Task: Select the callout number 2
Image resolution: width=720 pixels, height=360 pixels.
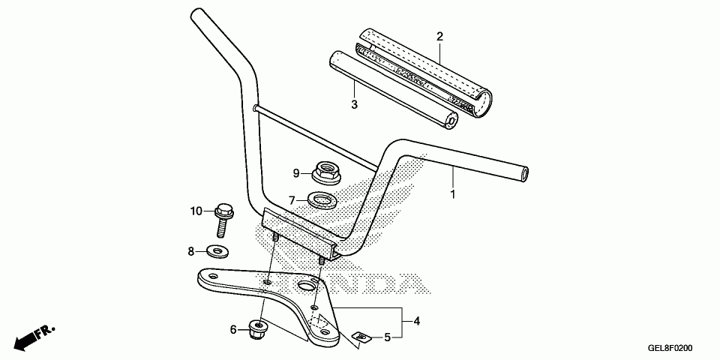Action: click(439, 37)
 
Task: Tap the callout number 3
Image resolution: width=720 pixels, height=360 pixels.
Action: click(354, 104)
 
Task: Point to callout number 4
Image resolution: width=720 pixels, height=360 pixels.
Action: click(416, 321)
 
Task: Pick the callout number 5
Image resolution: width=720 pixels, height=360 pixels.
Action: click(388, 337)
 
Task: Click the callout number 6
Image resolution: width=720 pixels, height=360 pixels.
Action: click(233, 329)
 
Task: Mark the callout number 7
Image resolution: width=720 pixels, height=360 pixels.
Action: click(292, 200)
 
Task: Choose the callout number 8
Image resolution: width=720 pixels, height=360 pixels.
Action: click(191, 250)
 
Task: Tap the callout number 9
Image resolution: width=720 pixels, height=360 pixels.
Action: click(296, 173)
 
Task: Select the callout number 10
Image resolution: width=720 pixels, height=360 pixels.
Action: click(196, 211)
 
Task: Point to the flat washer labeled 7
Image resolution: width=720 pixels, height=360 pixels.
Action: click(321, 200)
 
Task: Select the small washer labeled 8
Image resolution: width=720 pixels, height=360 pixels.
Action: click(217, 250)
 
